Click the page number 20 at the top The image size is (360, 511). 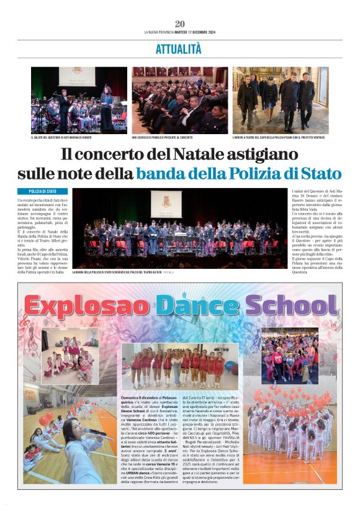pyautogui.click(x=180, y=24)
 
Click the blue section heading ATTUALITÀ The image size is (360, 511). pyautogui.click(x=179, y=49)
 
